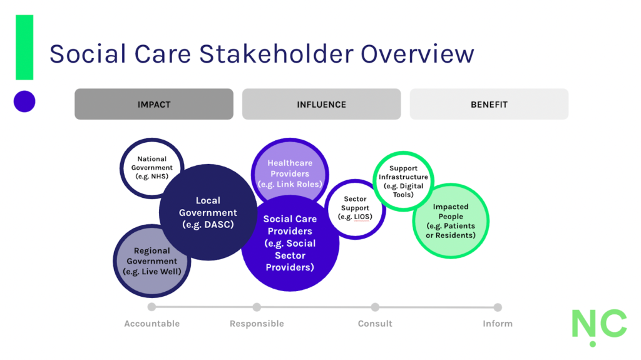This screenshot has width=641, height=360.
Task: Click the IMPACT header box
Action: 154,104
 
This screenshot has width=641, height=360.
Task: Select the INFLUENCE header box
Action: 321,104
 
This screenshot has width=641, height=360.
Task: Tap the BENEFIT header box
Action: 489,104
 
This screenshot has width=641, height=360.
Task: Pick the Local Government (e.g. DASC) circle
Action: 208,212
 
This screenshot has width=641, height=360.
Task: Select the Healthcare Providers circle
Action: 290,169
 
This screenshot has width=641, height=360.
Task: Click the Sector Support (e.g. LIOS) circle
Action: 355,208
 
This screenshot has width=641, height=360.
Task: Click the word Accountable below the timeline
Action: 152,324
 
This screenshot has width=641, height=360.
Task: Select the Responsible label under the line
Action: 257,324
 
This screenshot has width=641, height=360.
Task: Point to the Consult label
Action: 375,324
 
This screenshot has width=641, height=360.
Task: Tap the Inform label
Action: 498,324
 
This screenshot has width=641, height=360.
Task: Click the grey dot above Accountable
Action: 151,307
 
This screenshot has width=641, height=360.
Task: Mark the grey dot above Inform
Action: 498,307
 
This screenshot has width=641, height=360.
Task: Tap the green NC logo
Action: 598,325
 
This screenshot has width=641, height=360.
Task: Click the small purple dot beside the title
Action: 24,101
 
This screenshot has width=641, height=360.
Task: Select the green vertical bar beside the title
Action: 24,47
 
